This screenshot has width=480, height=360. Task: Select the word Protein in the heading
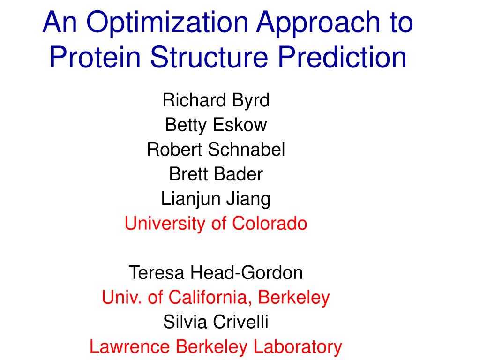click(95, 57)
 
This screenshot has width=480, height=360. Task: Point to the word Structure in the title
click(209, 57)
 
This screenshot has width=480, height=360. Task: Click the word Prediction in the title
click(342, 57)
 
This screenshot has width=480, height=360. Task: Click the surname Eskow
click(240, 125)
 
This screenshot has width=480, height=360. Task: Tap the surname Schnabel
click(247, 150)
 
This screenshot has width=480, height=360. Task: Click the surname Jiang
click(248, 199)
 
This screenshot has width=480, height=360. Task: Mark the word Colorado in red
click(270, 223)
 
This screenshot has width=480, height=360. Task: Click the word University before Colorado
click(165, 224)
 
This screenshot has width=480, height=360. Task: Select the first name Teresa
click(157, 273)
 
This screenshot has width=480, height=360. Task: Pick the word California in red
click(210, 298)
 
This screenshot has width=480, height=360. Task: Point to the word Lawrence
click(129, 347)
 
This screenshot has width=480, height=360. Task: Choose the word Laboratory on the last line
click(298, 347)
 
